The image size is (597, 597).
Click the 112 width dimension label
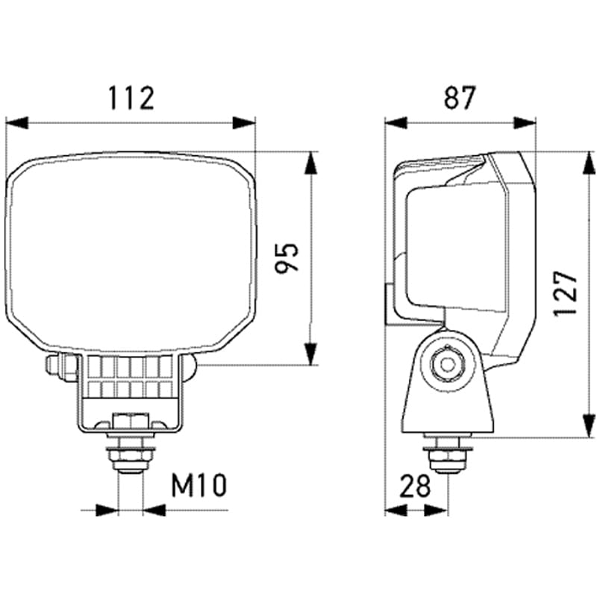[131, 98]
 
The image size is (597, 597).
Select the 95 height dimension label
[287, 257]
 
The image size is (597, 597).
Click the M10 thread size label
[198, 487]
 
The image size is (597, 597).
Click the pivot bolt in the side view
[447, 364]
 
